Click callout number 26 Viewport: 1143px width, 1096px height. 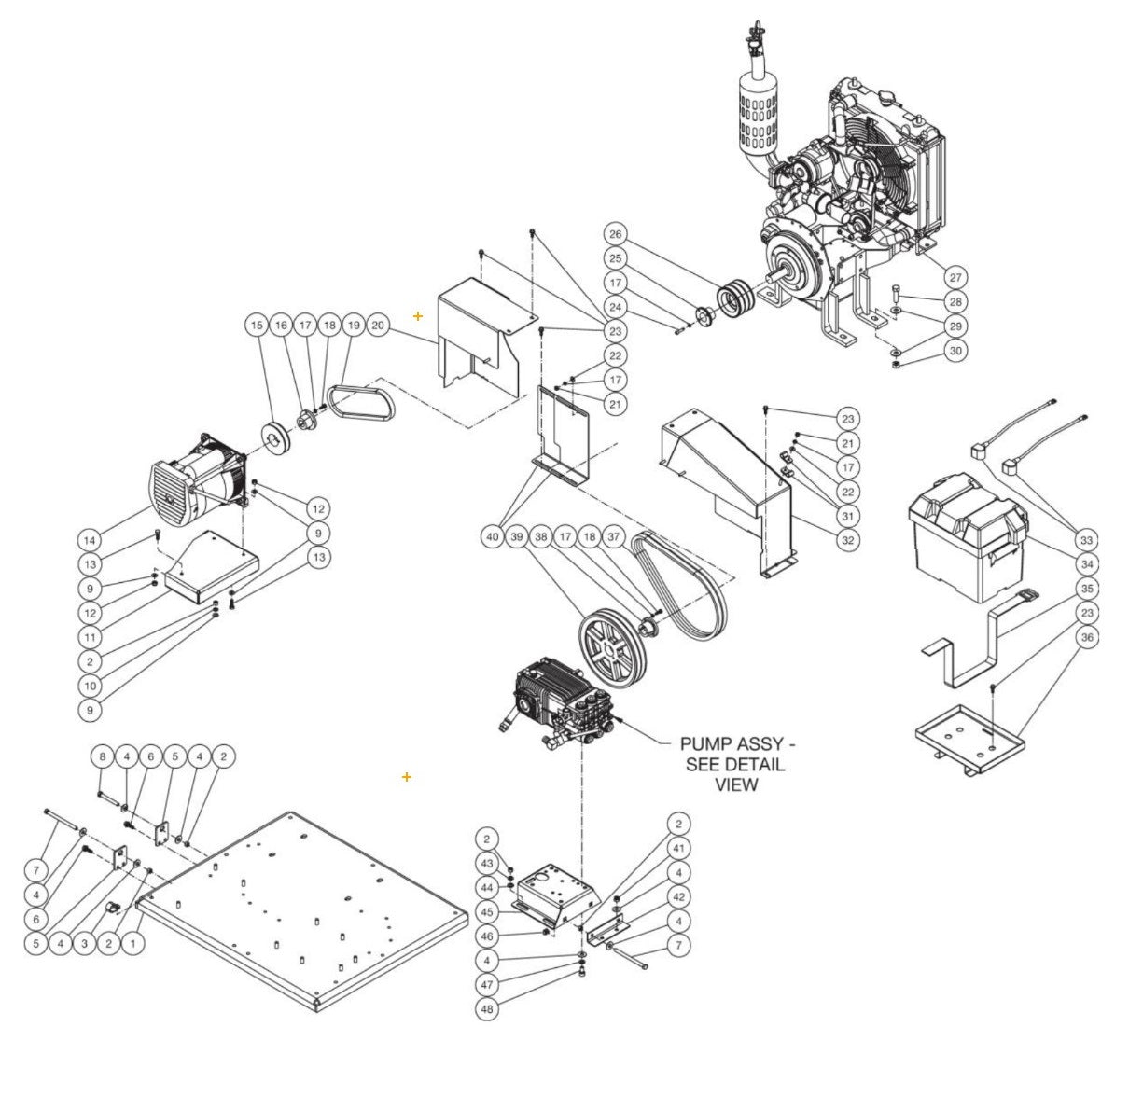click(615, 233)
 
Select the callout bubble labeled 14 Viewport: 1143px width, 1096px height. click(90, 540)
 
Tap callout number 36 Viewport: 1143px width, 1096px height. click(1086, 637)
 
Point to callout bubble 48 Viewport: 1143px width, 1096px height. click(487, 1009)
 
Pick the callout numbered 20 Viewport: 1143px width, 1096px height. click(377, 326)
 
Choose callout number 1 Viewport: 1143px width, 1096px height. click(133, 944)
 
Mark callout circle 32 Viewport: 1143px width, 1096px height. click(847, 540)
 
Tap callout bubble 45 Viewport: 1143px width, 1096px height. click(487, 911)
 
